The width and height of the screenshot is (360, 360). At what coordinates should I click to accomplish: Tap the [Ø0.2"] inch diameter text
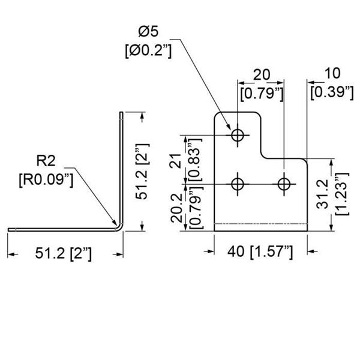tap(148, 52)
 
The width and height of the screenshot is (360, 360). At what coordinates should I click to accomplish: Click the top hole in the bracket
tap(239, 135)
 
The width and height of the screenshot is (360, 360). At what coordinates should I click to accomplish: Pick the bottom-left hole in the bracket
tap(239, 182)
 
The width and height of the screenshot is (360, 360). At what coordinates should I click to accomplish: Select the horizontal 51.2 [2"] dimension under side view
tap(62, 254)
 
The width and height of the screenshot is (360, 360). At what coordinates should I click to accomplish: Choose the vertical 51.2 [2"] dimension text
tap(148, 171)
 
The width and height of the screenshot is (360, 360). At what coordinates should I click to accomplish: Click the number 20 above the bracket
tap(260, 74)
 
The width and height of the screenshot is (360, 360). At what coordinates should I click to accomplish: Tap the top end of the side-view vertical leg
tap(122, 114)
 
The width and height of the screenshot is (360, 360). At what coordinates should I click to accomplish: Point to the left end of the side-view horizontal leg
tap(10, 229)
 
